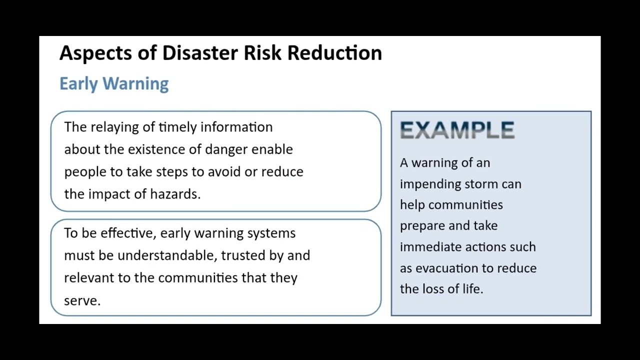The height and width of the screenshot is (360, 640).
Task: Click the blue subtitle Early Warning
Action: pyautogui.click(x=114, y=83)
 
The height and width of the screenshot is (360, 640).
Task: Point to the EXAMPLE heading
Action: pyautogui.click(x=457, y=130)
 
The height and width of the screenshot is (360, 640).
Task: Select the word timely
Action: pyautogui.click(x=177, y=127)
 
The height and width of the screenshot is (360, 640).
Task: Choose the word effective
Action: pyautogui.click(x=127, y=233)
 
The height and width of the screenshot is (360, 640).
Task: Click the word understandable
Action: pyautogui.click(x=167, y=255)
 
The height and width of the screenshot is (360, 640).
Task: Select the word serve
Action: pyautogui.click(x=81, y=300)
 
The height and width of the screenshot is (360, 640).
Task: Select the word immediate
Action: pyautogui.click(x=431, y=247)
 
